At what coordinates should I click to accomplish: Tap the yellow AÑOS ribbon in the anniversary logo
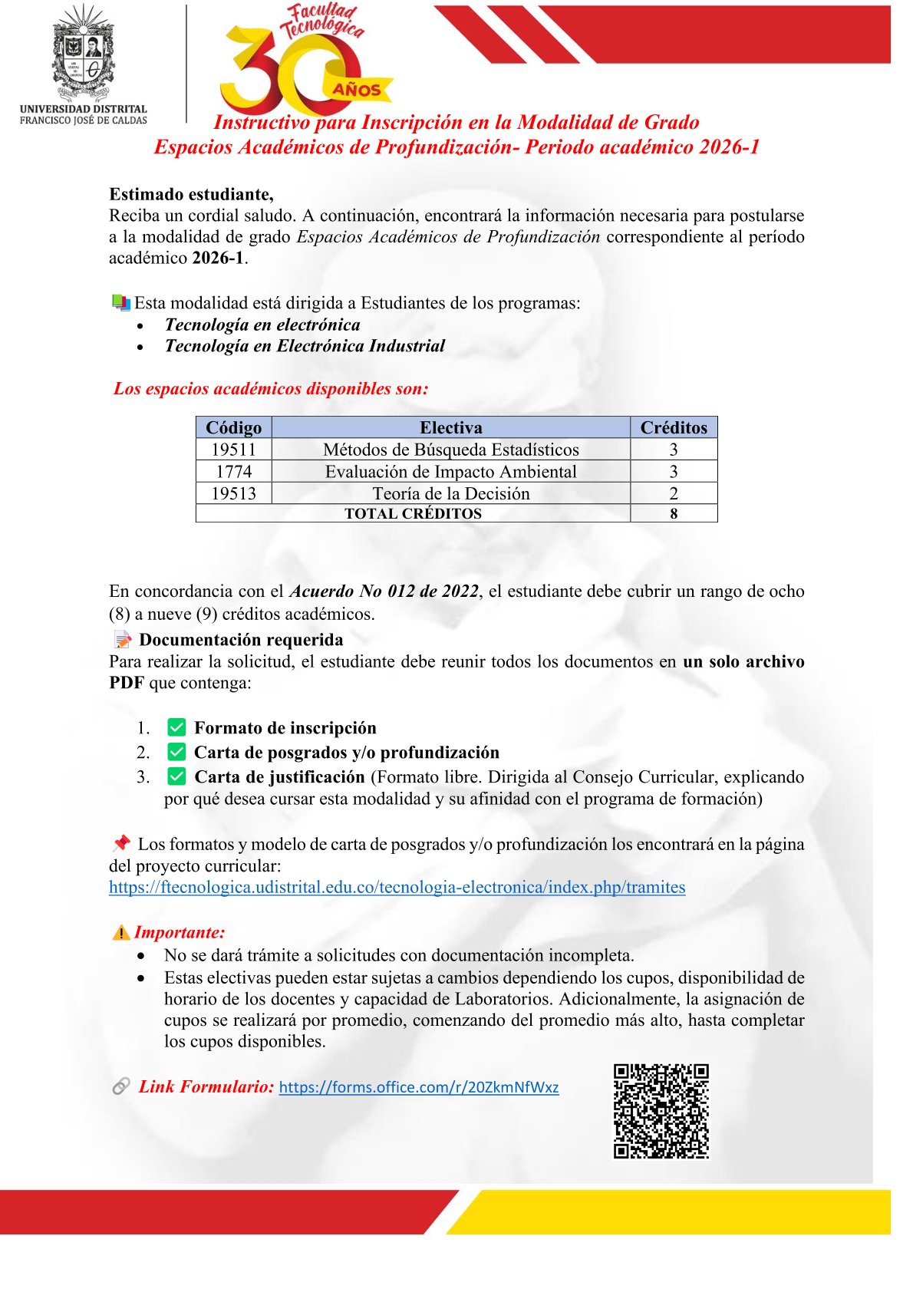tap(358, 89)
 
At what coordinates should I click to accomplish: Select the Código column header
tap(233, 427)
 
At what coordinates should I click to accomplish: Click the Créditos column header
tap(674, 427)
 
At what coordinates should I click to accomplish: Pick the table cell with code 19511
tap(233, 450)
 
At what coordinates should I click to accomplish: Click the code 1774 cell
tap(233, 471)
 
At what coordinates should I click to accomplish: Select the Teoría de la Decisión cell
tap(450, 493)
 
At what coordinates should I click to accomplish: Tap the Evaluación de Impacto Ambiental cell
tap(450, 471)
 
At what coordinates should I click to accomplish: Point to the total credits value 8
tap(674, 513)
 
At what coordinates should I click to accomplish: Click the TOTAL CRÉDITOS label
tap(413, 513)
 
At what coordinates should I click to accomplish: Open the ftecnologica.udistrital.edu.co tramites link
tap(397, 887)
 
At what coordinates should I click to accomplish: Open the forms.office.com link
tap(418, 1087)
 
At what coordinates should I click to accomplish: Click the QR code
tap(661, 1111)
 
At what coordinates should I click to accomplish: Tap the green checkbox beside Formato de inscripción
tap(176, 727)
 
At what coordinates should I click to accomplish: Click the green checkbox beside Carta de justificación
tap(176, 776)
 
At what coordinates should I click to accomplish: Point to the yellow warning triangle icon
tap(120, 932)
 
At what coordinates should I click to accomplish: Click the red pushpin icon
tap(121, 843)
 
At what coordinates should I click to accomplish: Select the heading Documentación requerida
tap(241, 640)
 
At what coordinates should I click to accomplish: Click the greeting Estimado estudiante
tap(191, 194)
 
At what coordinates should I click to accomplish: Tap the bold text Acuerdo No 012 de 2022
tap(384, 591)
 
